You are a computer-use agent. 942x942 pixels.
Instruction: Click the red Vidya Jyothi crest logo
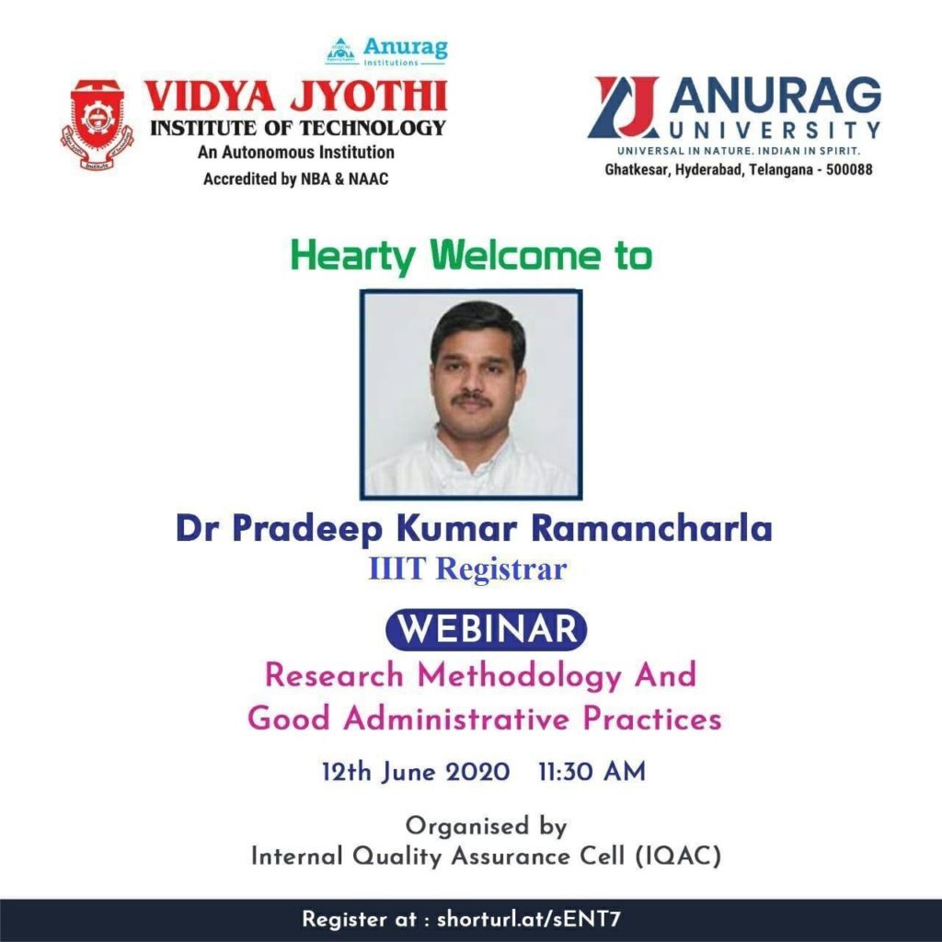(x=97, y=124)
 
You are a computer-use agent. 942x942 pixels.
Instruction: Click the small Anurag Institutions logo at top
(x=386, y=52)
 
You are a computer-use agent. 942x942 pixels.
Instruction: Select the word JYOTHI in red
(x=368, y=96)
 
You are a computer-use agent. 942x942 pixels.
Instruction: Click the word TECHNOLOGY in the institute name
(x=373, y=128)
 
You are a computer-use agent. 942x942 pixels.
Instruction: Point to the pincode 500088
(x=849, y=169)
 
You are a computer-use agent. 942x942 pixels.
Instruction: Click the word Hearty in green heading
(x=352, y=257)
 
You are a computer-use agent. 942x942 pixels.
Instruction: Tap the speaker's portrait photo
(x=471, y=394)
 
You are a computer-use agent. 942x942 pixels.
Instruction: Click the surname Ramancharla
(x=651, y=528)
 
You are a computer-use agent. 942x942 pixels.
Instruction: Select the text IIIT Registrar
(x=467, y=569)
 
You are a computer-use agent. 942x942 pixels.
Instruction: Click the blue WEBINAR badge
(x=486, y=629)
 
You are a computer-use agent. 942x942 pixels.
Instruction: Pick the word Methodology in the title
(x=520, y=676)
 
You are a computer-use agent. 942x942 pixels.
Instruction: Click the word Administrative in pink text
(x=456, y=718)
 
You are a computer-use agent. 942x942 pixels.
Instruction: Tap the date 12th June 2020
(x=416, y=772)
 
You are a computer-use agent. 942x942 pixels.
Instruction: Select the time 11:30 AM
(x=592, y=772)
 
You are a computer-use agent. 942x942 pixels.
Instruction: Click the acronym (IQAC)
(x=678, y=856)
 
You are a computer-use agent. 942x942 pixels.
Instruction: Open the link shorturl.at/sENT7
(x=528, y=919)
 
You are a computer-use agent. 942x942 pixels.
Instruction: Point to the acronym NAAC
(x=368, y=179)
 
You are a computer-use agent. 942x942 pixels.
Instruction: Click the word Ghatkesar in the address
(x=637, y=169)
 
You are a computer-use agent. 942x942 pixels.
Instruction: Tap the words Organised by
(x=486, y=827)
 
